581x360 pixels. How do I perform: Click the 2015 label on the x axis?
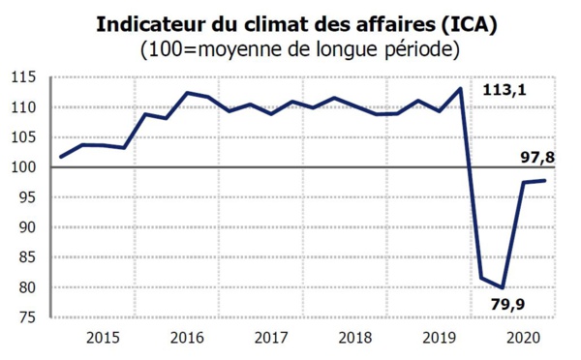pos(102,338)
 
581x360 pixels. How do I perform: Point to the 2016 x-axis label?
pos(186,338)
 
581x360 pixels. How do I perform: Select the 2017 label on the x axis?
pos(270,338)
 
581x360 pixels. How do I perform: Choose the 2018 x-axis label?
pos(354,338)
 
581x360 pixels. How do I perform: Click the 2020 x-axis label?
pos(523,338)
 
